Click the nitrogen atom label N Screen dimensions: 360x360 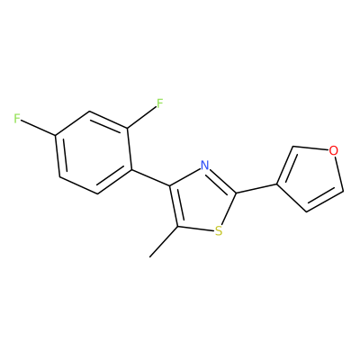[204, 165]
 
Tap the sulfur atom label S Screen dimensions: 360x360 [219, 231]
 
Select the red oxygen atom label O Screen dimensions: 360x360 [333, 150]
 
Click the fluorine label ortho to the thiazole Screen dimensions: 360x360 [160, 103]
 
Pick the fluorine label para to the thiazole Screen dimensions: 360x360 [17, 119]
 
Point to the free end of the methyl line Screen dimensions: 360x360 [149, 257]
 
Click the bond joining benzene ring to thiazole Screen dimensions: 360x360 [150, 178]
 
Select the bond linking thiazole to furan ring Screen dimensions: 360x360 [256, 189]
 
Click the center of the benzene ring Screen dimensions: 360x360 [94, 153]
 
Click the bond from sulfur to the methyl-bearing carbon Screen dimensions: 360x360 [196, 229]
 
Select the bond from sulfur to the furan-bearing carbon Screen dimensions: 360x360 [229, 209]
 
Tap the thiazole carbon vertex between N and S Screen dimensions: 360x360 [236, 193]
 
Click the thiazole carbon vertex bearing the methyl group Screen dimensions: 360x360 [178, 227]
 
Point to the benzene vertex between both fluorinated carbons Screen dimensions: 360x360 [89, 112]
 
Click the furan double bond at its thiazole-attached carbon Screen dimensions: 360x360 [285, 166]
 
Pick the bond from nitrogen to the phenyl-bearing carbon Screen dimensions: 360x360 [185, 177]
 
